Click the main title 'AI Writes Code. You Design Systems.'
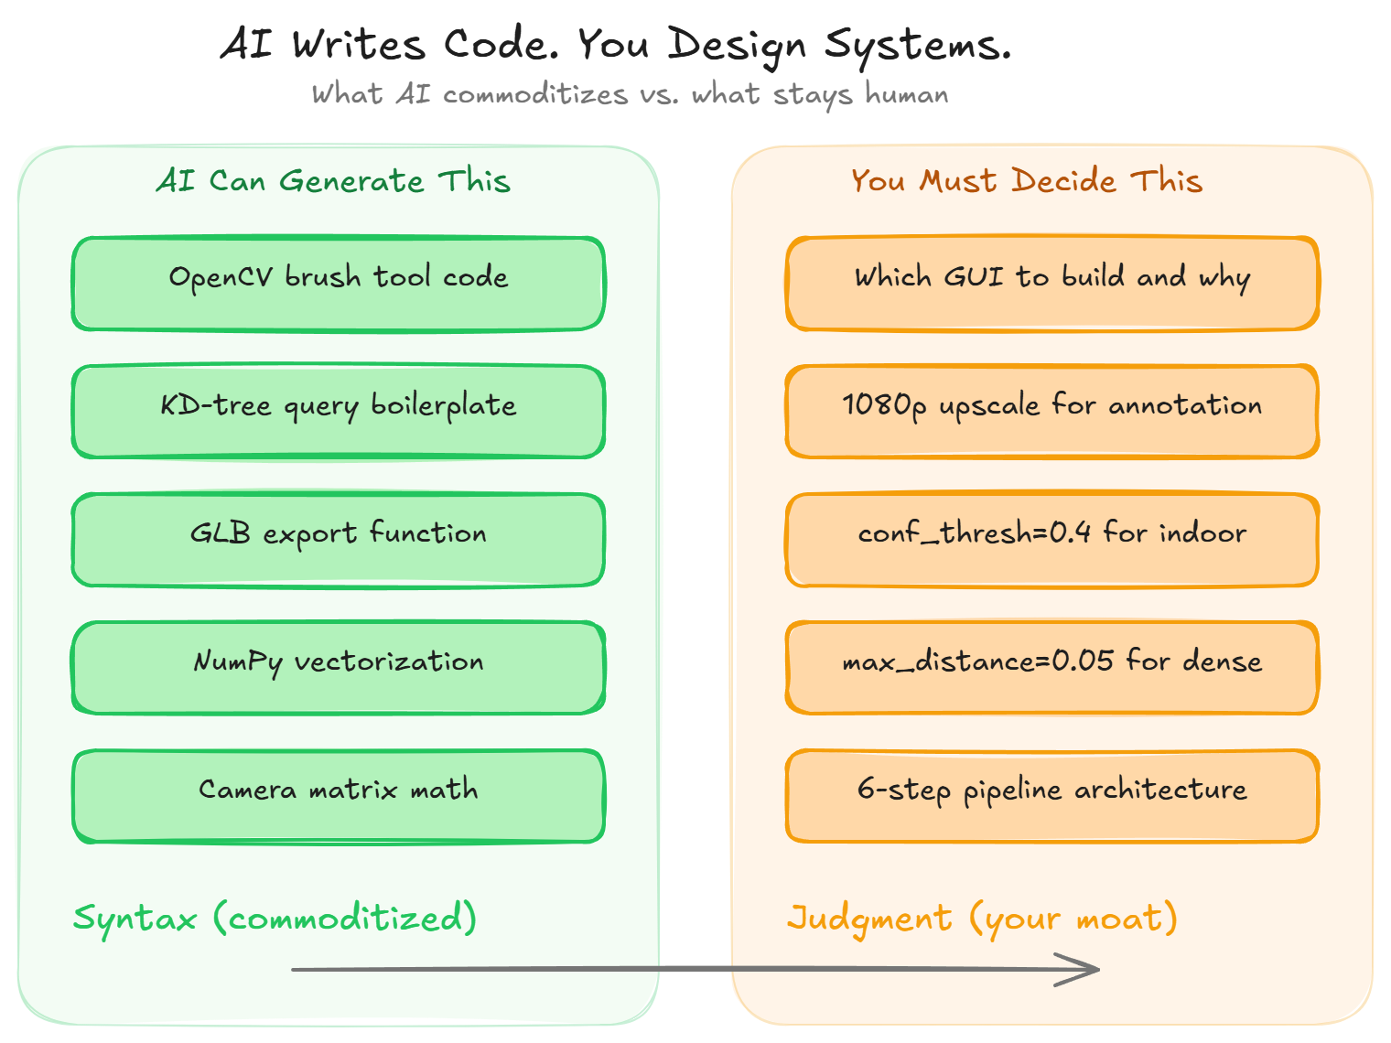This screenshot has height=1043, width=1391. tap(615, 44)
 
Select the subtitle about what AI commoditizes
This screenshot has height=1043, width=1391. tap(630, 94)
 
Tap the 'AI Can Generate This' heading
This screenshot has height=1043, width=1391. tap(333, 180)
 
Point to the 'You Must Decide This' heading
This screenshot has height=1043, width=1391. tap(1026, 180)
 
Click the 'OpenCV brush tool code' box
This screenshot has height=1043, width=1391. tap(339, 284)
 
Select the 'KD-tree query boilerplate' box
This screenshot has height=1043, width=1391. tap(339, 412)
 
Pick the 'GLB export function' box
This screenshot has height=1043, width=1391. tap(339, 540)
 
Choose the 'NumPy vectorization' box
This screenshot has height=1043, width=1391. tap(339, 668)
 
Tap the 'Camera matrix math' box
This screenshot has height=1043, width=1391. tap(339, 796)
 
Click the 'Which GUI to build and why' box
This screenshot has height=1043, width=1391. tap(1052, 284)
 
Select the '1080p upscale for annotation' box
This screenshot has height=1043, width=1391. tap(1052, 412)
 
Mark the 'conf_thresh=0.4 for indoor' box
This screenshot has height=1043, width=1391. tap(1052, 540)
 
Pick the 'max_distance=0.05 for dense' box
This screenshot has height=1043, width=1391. tap(1052, 668)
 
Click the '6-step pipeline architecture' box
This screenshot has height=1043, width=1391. tap(1052, 796)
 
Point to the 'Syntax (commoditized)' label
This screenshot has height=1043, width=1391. tap(275, 918)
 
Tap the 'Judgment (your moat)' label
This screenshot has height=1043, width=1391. tap(982, 918)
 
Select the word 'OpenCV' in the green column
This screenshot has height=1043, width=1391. tap(221, 277)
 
